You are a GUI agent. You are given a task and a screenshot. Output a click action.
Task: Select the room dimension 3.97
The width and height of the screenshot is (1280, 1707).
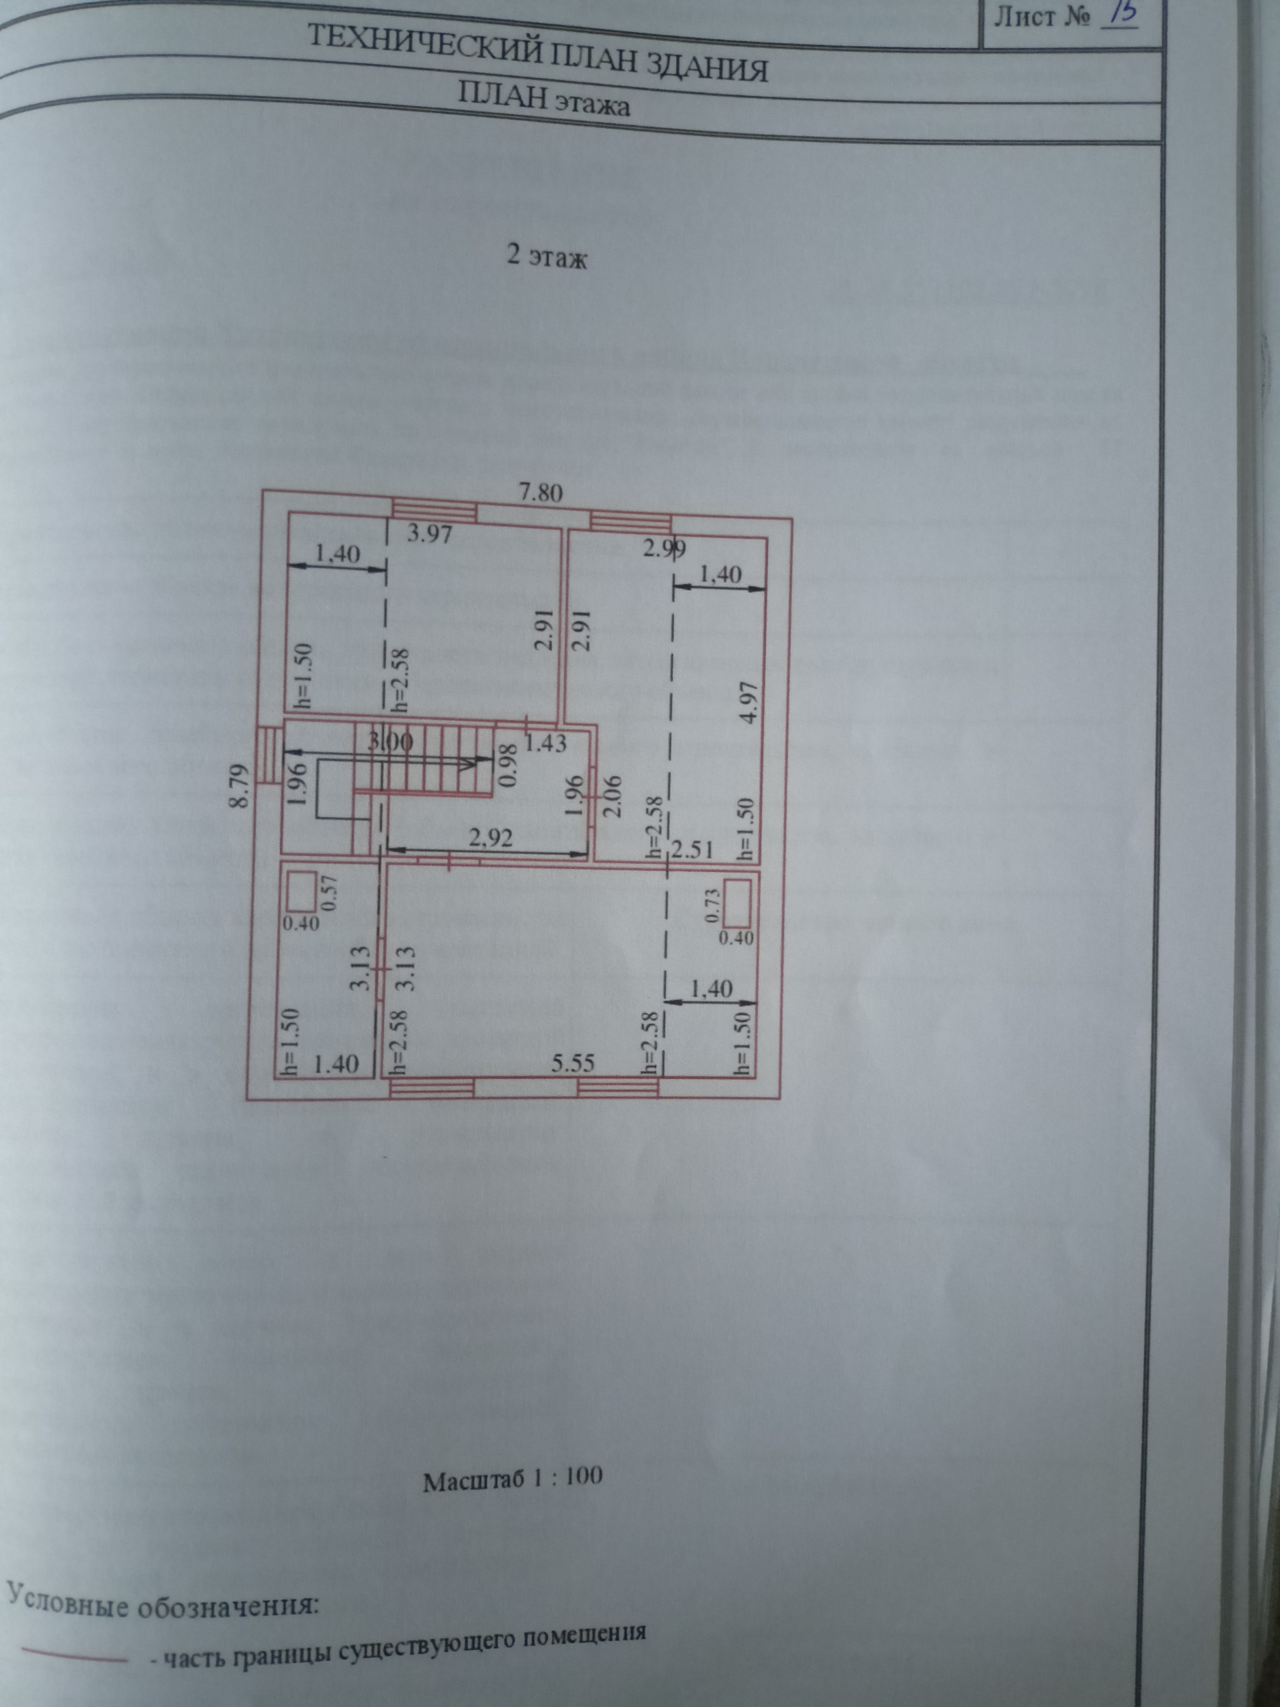point(429,534)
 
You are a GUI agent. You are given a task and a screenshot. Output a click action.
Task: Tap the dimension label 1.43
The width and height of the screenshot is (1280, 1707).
point(545,744)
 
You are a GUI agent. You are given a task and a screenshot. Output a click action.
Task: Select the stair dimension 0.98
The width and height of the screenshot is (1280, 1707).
point(507,764)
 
